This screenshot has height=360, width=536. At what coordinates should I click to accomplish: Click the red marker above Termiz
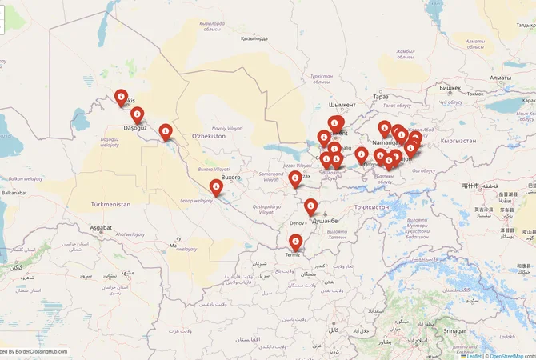click(295, 240)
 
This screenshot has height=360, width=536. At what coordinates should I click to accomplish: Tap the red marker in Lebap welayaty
click(216, 186)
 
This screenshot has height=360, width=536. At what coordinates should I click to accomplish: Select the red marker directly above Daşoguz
click(138, 114)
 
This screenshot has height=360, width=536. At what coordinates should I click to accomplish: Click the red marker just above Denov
click(310, 206)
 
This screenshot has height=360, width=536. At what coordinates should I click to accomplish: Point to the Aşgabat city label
click(101, 228)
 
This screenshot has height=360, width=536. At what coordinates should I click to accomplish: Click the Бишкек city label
click(450, 87)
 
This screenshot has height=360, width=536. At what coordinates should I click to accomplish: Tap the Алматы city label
click(500, 78)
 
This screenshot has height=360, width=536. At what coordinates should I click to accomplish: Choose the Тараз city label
click(380, 97)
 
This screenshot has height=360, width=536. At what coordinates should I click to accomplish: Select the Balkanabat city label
click(14, 193)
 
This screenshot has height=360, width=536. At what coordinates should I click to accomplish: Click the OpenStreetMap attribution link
click(506, 356)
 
